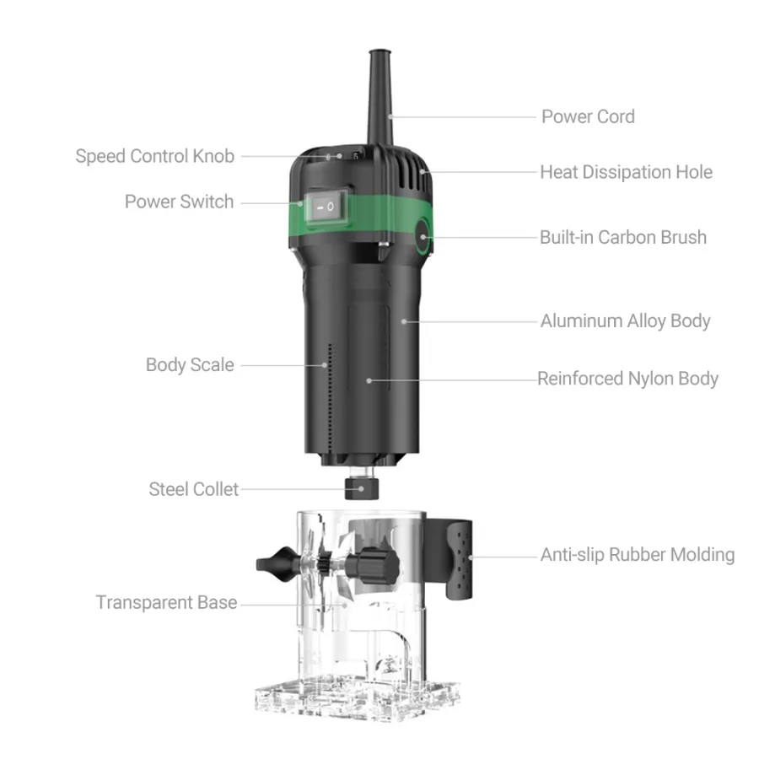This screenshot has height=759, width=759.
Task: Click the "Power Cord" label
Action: click(x=588, y=116)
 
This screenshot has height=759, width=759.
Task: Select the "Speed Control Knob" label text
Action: click(x=155, y=156)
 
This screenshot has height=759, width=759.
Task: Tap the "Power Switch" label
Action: click(x=179, y=202)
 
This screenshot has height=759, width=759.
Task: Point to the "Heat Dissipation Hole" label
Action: click(x=627, y=172)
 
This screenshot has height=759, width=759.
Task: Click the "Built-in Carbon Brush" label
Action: click(x=623, y=237)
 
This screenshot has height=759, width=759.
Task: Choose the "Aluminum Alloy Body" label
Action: click(x=626, y=321)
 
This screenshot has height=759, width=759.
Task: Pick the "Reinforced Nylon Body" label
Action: click(x=627, y=379)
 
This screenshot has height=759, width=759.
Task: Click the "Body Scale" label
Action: click(x=190, y=365)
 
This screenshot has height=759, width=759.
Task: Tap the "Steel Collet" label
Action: click(x=194, y=489)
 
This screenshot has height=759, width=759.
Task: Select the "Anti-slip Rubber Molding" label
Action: click(x=638, y=555)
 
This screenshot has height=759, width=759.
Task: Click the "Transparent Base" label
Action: click(x=166, y=603)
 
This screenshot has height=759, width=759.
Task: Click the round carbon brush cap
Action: click(x=423, y=237)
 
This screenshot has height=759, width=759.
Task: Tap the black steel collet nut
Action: click(x=362, y=488)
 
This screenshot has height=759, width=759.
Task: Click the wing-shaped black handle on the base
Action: click(x=277, y=564)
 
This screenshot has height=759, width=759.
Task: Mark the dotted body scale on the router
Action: click(x=331, y=401)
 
